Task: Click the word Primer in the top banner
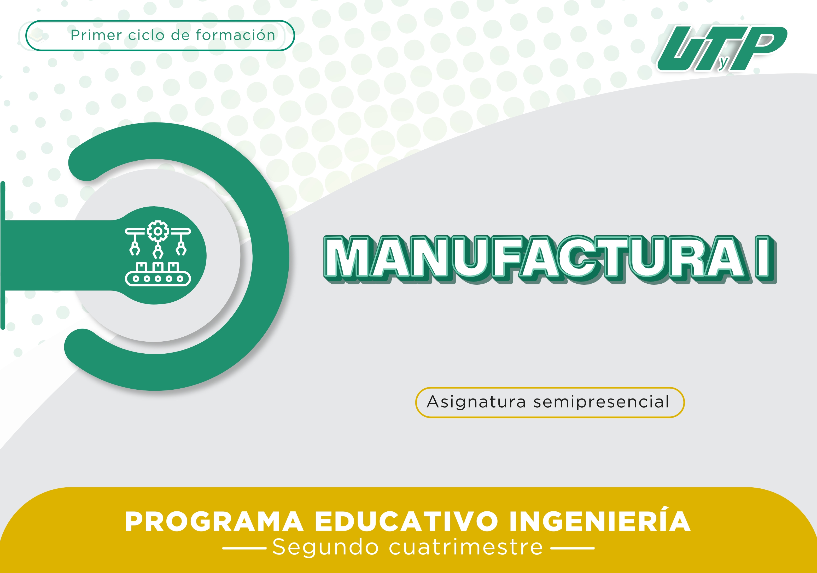click(96, 35)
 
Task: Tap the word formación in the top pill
click(236, 35)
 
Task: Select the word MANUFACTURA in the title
click(535, 259)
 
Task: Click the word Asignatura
click(476, 402)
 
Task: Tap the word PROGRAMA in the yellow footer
click(214, 521)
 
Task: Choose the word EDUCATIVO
click(406, 521)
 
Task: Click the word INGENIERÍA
click(600, 520)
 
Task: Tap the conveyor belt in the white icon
click(158, 279)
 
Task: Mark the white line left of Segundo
click(244, 548)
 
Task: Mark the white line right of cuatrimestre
click(573, 548)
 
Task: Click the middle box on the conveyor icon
click(158, 267)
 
